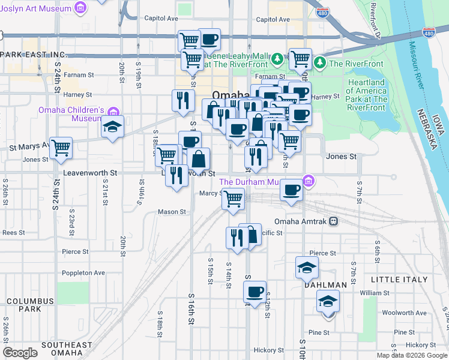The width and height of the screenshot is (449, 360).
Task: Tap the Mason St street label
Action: pyautogui.click(x=172, y=212)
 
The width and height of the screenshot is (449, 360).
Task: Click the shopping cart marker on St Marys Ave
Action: pyautogui.click(x=61, y=147)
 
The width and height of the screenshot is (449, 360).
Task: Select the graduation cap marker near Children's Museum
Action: pyautogui.click(x=112, y=127)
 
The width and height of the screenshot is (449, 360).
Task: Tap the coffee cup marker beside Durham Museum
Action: pyautogui.click(x=292, y=190)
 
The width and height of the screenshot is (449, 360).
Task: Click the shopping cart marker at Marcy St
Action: pyautogui.click(x=234, y=197)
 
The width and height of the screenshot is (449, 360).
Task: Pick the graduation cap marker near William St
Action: pyautogui.click(x=328, y=300)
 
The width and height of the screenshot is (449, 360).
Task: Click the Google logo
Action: pyautogui.click(x=20, y=353)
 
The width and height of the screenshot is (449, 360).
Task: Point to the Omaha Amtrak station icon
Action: pyautogui.click(x=333, y=221)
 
